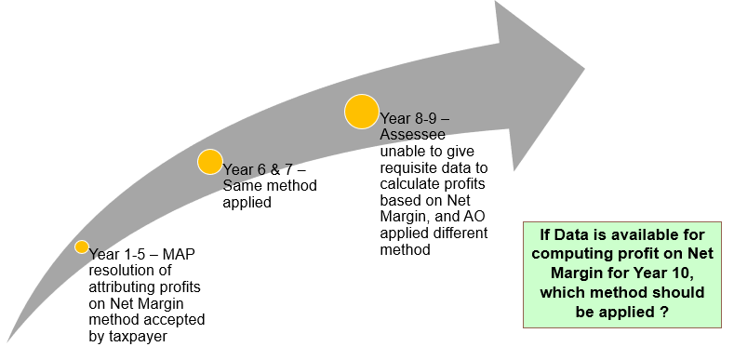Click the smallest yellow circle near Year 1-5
coord(82,247)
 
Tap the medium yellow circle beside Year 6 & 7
coord(210,162)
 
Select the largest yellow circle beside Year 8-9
coord(361,111)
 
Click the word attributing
coord(126,287)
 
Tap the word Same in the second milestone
coord(241,186)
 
